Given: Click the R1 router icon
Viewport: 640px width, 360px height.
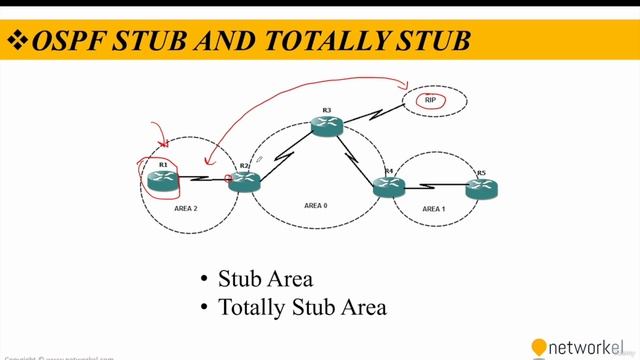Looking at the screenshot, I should coord(162,180).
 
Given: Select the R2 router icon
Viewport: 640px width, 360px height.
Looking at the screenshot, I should coord(243,182).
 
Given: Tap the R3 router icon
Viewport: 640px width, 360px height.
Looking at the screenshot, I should coord(326,125).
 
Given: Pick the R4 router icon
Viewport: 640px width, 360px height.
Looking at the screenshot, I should coord(388,186).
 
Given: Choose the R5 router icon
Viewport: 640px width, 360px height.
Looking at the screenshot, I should coord(481,187).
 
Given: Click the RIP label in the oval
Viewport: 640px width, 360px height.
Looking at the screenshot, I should coord(431,101).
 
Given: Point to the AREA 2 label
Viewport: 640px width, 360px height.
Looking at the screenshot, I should coord(186,209).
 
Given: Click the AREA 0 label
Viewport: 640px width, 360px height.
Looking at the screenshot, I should coord(315,205).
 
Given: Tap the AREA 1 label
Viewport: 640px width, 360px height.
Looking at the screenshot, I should coord(433,209).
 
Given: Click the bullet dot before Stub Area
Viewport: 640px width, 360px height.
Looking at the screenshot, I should coord(204,279).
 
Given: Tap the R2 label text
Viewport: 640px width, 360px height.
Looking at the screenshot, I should coord(244,165).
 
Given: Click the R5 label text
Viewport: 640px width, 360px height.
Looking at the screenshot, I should coord(481,173).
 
